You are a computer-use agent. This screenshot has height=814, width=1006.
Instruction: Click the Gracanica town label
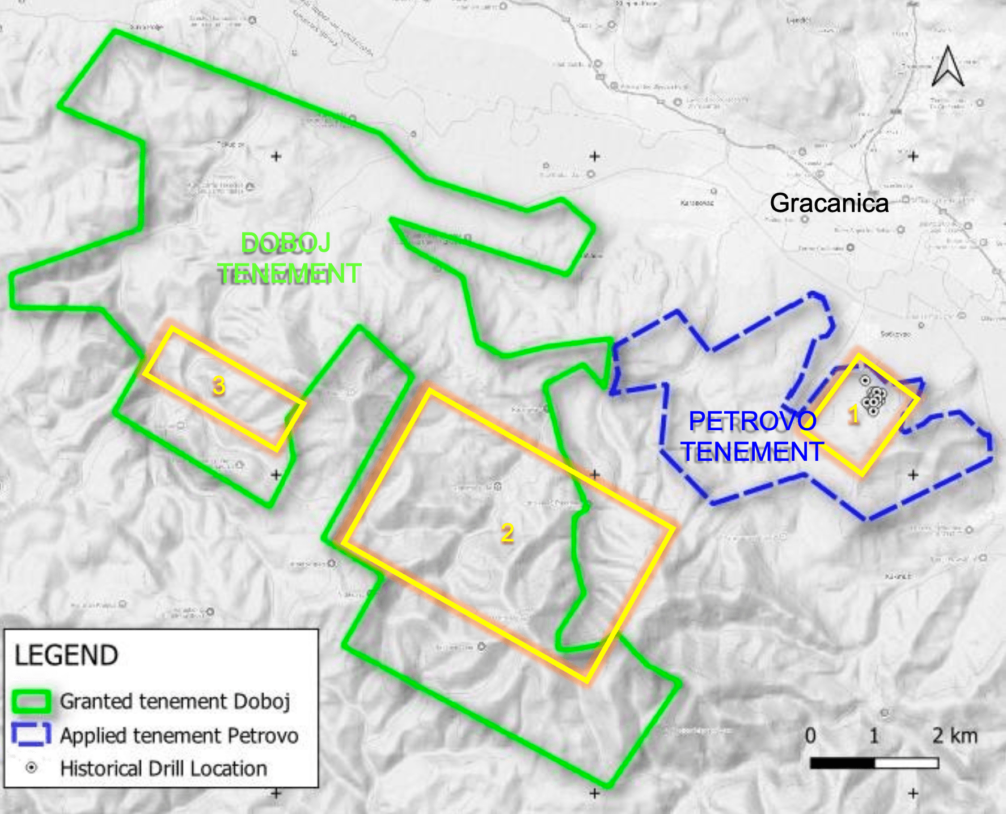pos(829,203)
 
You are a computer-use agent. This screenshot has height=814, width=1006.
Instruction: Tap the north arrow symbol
pos(948,67)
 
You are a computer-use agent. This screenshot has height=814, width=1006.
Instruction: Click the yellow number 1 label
pos(853,416)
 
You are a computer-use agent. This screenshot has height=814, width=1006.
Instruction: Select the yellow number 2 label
pos(507,533)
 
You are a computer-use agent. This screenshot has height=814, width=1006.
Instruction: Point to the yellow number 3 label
pos(219,385)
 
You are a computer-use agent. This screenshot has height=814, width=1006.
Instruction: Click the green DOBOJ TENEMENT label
pos(289,258)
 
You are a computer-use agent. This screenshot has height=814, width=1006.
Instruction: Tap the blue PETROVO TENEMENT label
pos(752,436)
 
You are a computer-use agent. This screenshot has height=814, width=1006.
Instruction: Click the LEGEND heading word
pos(66,655)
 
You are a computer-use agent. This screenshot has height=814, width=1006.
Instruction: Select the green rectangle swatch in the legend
pos(31,702)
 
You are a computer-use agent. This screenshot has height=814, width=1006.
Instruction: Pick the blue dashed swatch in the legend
pos(31,735)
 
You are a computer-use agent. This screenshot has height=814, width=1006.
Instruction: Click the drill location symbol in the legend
pos(32,768)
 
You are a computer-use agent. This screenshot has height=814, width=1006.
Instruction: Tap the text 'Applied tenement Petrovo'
pos(179,736)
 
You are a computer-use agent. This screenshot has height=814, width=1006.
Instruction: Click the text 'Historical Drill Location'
pos(164,769)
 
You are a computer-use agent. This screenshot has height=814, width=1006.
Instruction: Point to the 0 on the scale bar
pos(810,736)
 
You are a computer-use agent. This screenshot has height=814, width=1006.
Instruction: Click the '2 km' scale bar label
pos(955,736)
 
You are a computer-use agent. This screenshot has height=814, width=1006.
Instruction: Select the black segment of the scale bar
pos(842,763)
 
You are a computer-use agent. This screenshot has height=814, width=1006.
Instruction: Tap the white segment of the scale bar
pos(906,763)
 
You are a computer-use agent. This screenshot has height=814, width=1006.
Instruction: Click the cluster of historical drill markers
pos(874,398)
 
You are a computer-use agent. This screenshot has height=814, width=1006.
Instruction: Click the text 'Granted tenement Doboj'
pos(175,702)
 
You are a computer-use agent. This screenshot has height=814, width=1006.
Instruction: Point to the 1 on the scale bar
pos(874,736)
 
